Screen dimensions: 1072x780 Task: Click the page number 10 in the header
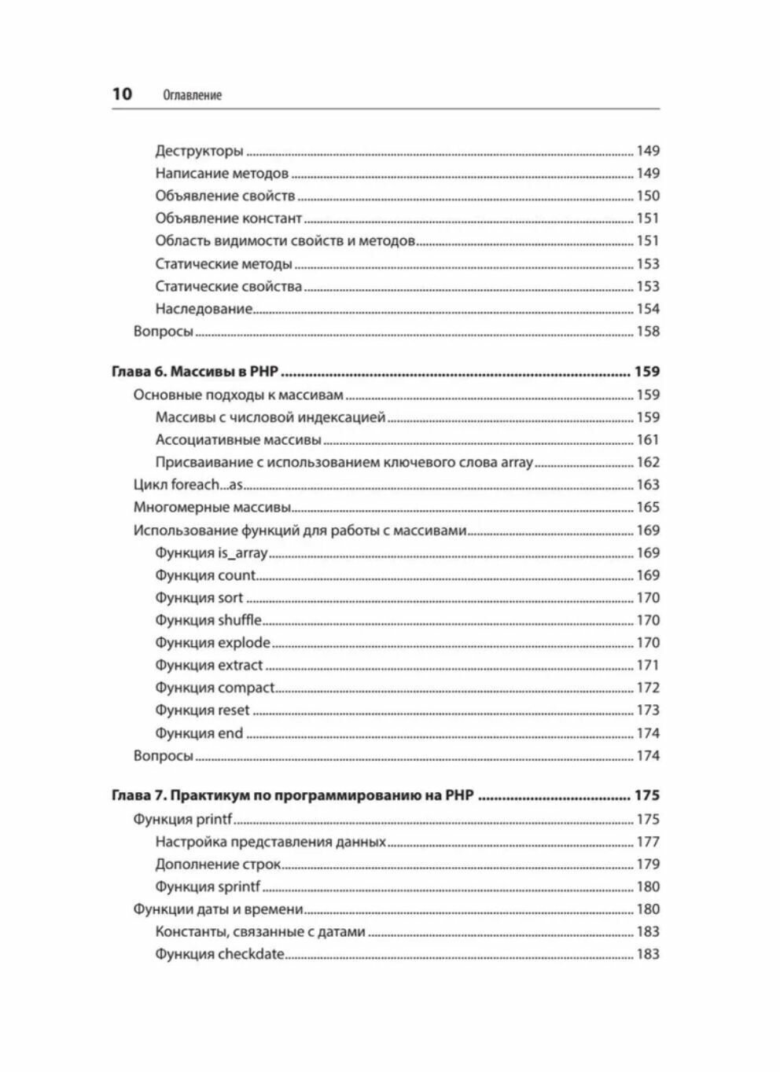122,94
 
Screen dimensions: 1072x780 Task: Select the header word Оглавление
192,95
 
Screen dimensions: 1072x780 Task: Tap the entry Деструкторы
199,151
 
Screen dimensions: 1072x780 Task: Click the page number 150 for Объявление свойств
647,196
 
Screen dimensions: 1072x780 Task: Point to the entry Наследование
204,309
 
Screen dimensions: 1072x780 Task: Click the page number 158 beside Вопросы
647,331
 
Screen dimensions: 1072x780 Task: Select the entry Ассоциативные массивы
238,440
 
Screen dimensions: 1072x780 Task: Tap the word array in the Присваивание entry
517,462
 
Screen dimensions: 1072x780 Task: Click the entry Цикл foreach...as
188,485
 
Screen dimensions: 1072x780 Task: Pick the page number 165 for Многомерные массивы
647,508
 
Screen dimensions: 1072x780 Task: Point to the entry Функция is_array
212,553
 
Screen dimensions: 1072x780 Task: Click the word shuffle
240,620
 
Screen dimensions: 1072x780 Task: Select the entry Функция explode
212,643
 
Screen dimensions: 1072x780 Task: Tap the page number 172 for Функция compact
647,688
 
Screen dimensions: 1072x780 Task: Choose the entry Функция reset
202,710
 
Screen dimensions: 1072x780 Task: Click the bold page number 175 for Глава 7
646,795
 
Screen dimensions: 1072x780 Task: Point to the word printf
215,819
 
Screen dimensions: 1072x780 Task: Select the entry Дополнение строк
218,865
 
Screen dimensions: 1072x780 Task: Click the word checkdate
251,955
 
